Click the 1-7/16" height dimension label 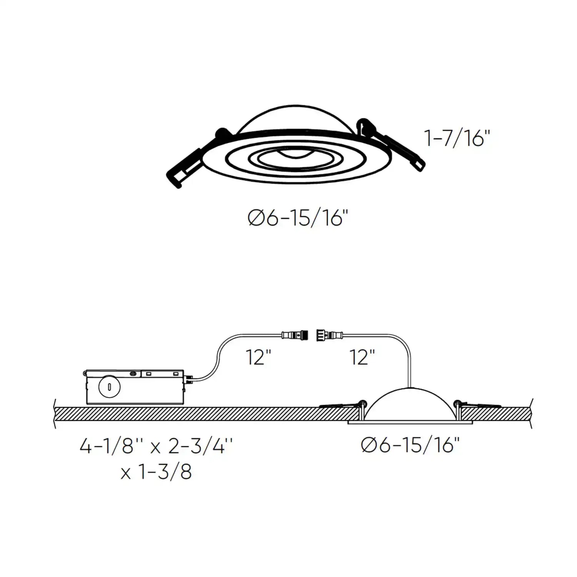(x=457, y=138)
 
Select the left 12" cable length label (x=258, y=357)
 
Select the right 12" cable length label (x=362, y=357)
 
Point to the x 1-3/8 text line (x=156, y=472)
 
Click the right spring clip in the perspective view (x=400, y=150)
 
